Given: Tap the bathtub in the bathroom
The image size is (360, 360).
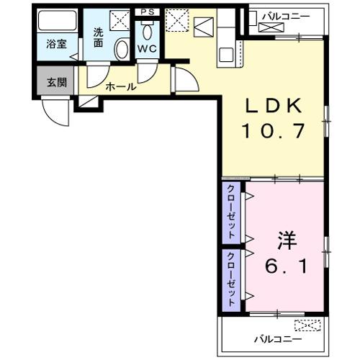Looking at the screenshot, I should [x=56, y=22].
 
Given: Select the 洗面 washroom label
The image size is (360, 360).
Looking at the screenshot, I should [x=99, y=37].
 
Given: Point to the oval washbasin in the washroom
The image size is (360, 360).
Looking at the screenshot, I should [x=121, y=50].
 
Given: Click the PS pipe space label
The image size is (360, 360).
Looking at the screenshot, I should [x=148, y=12].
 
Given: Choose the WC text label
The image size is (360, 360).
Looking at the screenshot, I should [x=147, y=49].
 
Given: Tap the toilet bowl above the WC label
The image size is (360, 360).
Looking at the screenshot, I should [x=148, y=31].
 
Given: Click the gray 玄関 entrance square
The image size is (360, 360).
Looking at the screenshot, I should [x=56, y=81].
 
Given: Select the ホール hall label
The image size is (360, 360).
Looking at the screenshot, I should [x=120, y=86].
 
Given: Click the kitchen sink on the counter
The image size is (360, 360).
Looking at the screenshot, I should [x=228, y=53].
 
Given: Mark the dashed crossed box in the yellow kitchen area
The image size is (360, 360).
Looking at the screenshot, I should [x=176, y=19].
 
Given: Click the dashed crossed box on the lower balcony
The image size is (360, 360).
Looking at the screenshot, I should [x=309, y=325].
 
